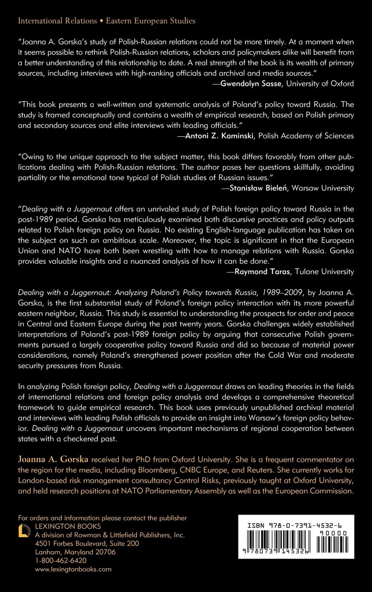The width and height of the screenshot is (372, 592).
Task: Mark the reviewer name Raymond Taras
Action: [x=260, y=272]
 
